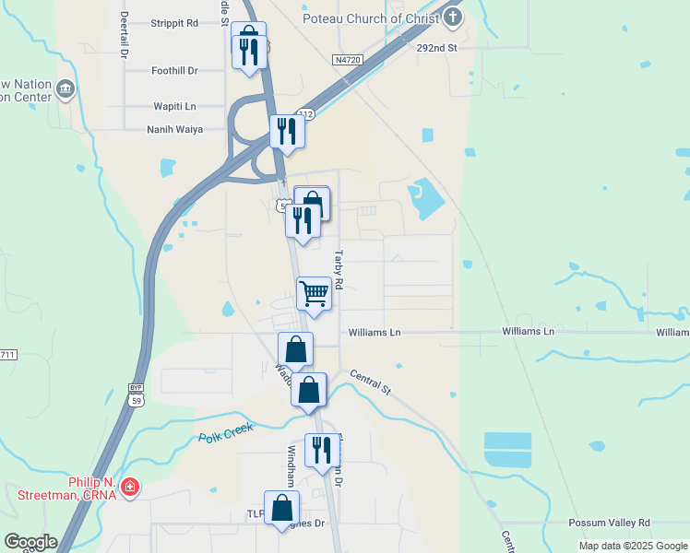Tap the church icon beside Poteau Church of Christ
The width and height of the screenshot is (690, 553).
pyautogui.click(x=452, y=17)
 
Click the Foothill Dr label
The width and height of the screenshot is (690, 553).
pyautogui.click(x=174, y=70)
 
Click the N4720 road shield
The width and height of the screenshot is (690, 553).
pyautogui.click(x=347, y=59)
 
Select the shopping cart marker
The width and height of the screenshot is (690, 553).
pyautogui.click(x=314, y=294)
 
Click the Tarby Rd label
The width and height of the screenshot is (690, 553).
pyautogui.click(x=339, y=271)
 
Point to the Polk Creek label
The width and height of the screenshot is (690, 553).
pyautogui.click(x=225, y=434)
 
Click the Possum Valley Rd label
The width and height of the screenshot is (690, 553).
pyautogui.click(x=609, y=523)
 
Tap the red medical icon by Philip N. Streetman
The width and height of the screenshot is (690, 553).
pyautogui.click(x=130, y=486)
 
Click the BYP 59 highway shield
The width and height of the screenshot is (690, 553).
pyautogui.click(x=137, y=395)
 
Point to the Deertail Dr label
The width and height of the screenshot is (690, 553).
pyautogui.click(x=124, y=35)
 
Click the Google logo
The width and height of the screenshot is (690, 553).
pyautogui.click(x=30, y=542)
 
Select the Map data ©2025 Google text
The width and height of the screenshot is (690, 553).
pyautogui.click(x=633, y=546)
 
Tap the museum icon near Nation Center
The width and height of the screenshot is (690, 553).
pyautogui.click(x=65, y=89)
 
